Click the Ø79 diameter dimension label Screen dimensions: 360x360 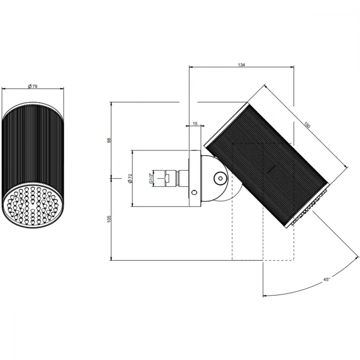(x=33, y=86)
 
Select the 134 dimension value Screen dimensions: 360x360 (x=241, y=65)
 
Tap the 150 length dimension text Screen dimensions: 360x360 (x=307, y=125)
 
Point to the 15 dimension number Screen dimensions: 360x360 (x=195, y=124)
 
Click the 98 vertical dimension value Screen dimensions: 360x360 (x=109, y=140)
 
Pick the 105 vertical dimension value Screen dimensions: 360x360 (x=109, y=219)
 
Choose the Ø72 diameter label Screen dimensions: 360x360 (x=130, y=179)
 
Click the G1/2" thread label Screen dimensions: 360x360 (x=151, y=178)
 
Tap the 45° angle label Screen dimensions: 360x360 (x=327, y=279)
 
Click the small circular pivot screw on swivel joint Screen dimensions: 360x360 (x=220, y=178)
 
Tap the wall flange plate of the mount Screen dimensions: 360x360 (x=195, y=178)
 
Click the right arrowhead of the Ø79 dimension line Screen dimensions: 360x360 (x=62, y=89)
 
